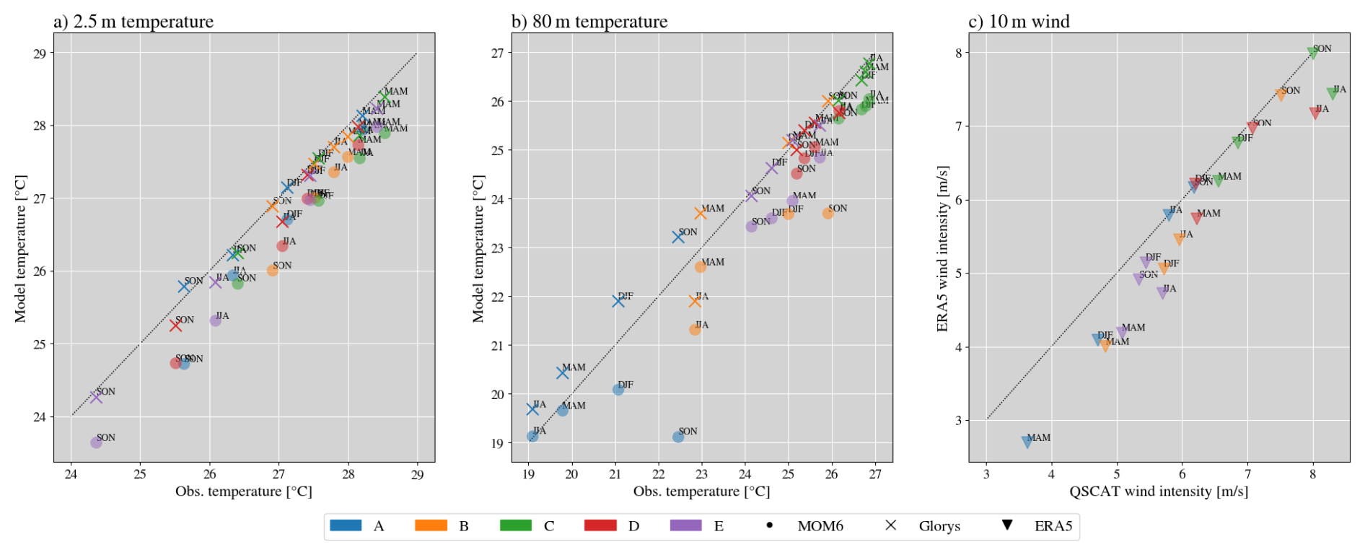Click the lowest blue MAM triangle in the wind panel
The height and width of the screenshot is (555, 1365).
click(x=1027, y=442)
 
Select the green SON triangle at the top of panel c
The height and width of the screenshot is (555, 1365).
click(x=1312, y=53)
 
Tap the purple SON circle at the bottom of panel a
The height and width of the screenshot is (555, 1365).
click(x=96, y=442)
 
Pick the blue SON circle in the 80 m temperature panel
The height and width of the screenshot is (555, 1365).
click(x=678, y=437)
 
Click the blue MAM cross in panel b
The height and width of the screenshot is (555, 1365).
click(x=563, y=372)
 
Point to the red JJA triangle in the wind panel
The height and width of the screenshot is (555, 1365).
click(x=1315, y=113)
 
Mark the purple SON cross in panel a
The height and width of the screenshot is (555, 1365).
click(x=96, y=397)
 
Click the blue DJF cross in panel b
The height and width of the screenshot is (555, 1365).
click(x=618, y=301)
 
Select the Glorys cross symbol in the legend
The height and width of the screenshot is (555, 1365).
click(x=891, y=525)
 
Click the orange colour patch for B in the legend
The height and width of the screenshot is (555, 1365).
click(x=431, y=525)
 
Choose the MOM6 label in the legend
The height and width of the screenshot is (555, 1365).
click(x=820, y=526)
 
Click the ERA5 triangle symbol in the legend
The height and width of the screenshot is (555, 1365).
click(x=1006, y=525)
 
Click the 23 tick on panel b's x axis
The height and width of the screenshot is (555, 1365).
click(x=702, y=474)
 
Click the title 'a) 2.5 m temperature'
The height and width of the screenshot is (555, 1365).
click(x=133, y=22)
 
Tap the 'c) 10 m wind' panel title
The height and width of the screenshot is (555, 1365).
click(x=1019, y=22)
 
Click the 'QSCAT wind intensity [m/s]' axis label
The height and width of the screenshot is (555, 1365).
click(x=1159, y=491)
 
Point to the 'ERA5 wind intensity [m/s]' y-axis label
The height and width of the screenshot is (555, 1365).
click(x=942, y=249)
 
